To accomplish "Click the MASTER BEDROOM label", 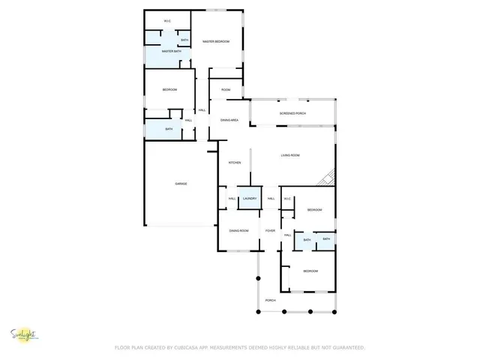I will click(x=217, y=41).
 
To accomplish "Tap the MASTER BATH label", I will click(x=171, y=52).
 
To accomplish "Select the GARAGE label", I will click(x=181, y=184).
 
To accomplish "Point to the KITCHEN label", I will click(x=235, y=163).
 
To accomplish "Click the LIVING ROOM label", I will click(x=290, y=155).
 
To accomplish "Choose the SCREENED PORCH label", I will click(x=292, y=113).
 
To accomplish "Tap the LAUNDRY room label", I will click(x=250, y=199).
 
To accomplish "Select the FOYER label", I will click(x=270, y=230).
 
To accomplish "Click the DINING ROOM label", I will click(x=238, y=230).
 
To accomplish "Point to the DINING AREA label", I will click(x=229, y=120).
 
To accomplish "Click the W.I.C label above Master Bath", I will click(x=168, y=21).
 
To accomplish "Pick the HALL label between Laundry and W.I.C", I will click(x=271, y=199).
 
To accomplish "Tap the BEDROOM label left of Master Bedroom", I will click(x=169, y=90).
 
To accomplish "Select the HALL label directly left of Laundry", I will click(x=232, y=199).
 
